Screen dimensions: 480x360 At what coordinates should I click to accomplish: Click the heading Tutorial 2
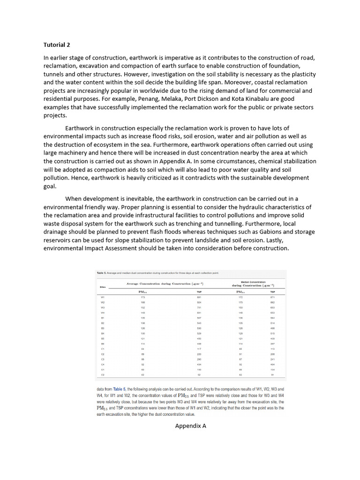pos(57,45)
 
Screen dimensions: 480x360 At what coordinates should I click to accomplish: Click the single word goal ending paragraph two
pos(50,186)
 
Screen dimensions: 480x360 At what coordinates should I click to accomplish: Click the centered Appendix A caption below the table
pos(190,426)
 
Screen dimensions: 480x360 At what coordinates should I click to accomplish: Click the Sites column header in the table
pos(103,286)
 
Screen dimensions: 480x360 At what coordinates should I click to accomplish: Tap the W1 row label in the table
pos(103,297)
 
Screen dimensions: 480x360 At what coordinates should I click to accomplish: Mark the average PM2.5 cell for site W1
pos(142,297)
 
